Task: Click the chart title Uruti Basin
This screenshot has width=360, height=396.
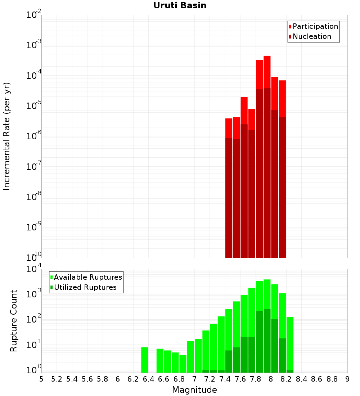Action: coord(180,5)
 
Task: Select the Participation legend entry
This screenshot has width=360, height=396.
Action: coord(313,26)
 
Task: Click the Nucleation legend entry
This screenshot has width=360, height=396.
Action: coord(310,36)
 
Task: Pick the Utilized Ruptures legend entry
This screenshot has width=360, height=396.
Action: coord(84,287)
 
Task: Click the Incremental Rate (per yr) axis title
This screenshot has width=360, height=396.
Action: coord(6,136)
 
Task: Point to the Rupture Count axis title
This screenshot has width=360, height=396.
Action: coord(13,321)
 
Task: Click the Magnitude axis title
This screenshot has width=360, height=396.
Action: coord(194,390)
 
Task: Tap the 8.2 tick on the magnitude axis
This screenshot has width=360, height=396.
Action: coord(286,379)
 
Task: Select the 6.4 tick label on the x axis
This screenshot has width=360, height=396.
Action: coord(148,379)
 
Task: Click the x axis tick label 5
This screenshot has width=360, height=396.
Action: coord(41,379)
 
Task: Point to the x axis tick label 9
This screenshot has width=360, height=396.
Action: coord(347,379)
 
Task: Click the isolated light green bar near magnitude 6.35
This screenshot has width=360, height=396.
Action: coord(144,360)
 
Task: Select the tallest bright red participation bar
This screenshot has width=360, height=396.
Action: coord(267,72)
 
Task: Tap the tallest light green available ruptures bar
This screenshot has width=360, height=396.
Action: coord(267,294)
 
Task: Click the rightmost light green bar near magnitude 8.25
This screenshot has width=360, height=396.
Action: coord(290,343)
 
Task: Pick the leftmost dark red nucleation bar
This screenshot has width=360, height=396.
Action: coord(229,198)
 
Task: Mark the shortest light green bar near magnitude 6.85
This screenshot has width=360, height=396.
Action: coord(183,364)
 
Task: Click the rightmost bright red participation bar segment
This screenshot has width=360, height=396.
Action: coord(283,99)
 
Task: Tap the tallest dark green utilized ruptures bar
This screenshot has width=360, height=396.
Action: coord(267,341)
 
